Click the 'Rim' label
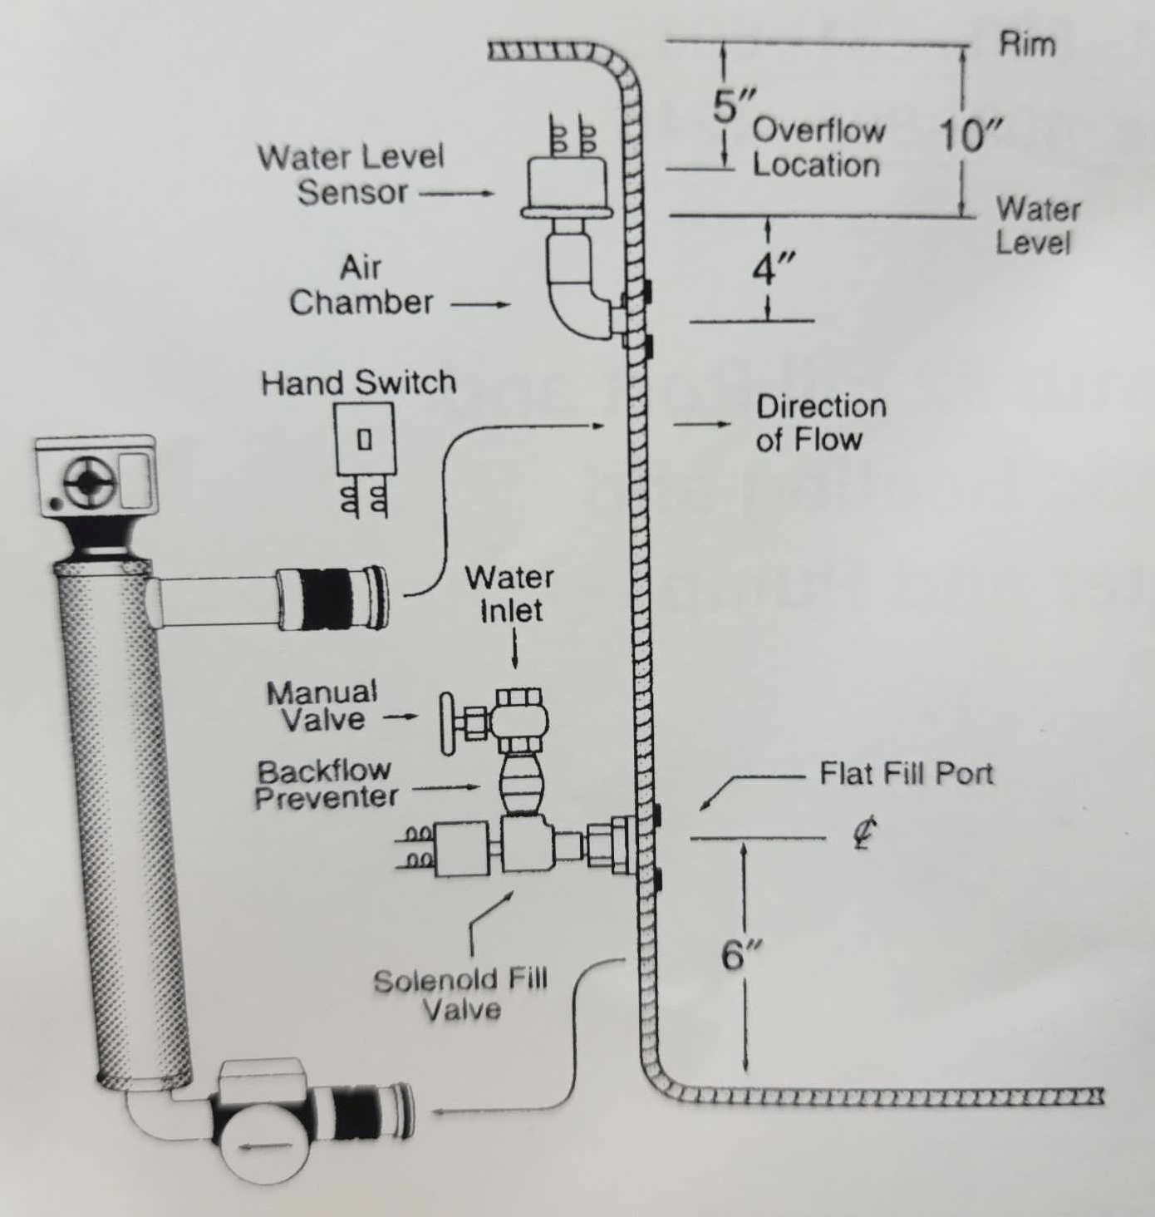[1027, 44]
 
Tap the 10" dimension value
[970, 135]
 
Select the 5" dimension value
[733, 106]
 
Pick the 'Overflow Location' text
[818, 148]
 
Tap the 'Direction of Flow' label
[819, 422]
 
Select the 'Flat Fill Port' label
[906, 774]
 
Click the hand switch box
[364, 439]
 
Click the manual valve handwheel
[450, 722]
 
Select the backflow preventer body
[521, 785]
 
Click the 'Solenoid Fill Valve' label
[460, 994]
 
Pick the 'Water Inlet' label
[510, 594]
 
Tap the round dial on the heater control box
[86, 482]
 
